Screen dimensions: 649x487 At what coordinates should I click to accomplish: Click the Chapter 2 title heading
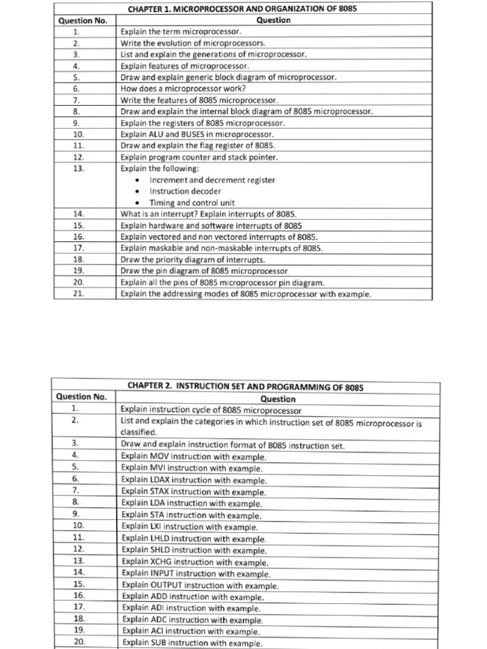tap(245, 386)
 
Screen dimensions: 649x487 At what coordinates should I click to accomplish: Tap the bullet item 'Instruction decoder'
tap(185, 191)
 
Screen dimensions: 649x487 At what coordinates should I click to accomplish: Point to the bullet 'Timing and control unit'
tap(192, 203)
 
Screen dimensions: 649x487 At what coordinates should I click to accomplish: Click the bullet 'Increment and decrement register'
tap(212, 180)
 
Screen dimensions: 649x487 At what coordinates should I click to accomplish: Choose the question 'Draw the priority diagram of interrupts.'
tap(193, 260)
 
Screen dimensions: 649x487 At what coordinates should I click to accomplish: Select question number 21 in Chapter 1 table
tap(79, 294)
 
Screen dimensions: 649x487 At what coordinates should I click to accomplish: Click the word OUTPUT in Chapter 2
tap(167, 586)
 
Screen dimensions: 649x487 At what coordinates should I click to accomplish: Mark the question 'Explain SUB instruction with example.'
tap(191, 643)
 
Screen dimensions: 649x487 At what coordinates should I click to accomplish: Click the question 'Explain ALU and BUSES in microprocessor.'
tap(197, 135)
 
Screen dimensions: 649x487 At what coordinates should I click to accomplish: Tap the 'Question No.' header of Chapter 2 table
tap(82, 397)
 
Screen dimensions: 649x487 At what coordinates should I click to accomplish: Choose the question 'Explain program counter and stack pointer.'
tap(199, 157)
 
